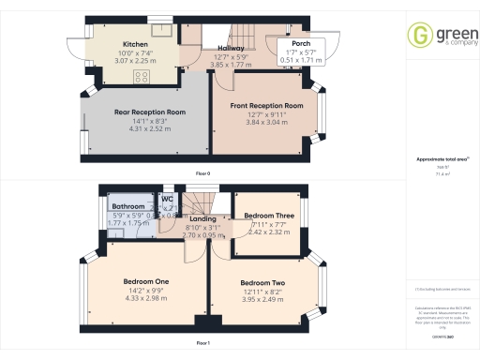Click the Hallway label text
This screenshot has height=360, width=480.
pyautogui.click(x=232, y=48)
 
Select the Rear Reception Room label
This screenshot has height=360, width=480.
pyautogui.click(x=150, y=112)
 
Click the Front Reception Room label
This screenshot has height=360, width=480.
pyautogui.click(x=267, y=106)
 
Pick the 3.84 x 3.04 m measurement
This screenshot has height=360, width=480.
pyautogui.click(x=267, y=122)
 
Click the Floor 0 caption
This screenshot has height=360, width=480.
pyautogui.click(x=202, y=174)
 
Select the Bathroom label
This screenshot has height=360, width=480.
pyautogui.click(x=128, y=206)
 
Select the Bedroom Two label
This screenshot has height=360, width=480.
pyautogui.click(x=262, y=283)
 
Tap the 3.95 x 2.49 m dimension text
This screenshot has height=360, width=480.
pyautogui.click(x=262, y=299)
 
